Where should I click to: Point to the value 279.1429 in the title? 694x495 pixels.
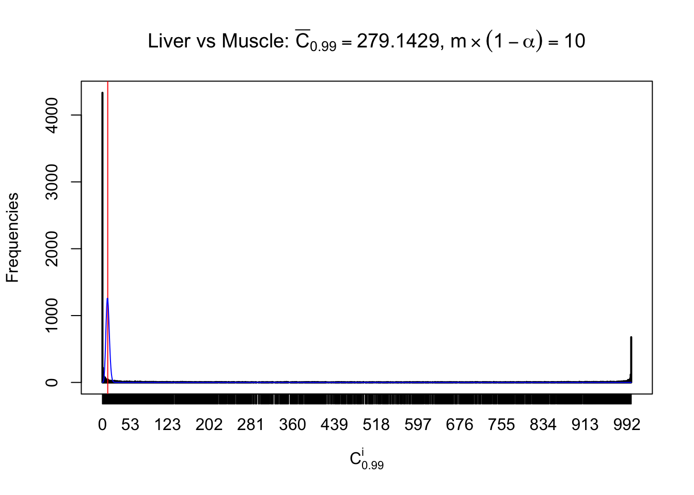[398, 41]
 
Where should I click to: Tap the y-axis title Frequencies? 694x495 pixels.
[12, 238]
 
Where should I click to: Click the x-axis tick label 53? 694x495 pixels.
[130, 424]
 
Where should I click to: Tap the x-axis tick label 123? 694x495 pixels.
[168, 424]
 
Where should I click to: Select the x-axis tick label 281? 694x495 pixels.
[250, 424]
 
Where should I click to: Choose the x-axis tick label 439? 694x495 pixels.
[334, 424]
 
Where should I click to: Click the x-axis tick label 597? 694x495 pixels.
[418, 424]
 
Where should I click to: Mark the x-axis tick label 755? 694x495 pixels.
[501, 424]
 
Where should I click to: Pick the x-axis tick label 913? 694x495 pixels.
[585, 424]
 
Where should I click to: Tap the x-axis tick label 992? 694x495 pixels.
[627, 424]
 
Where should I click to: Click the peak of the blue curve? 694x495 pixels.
[107, 299]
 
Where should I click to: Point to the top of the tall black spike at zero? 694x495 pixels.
[102, 93]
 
